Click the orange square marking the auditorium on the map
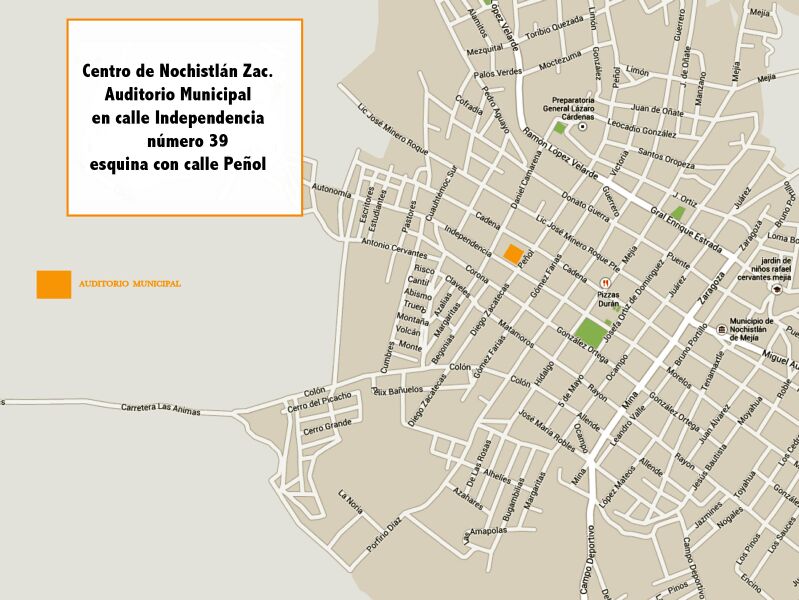click(513, 254)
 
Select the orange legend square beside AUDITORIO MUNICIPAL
click(54, 284)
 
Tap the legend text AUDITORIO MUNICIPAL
click(129, 284)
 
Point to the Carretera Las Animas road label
click(160, 409)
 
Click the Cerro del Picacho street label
click(320, 402)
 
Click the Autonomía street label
click(332, 189)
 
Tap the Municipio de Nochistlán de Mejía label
click(762, 328)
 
